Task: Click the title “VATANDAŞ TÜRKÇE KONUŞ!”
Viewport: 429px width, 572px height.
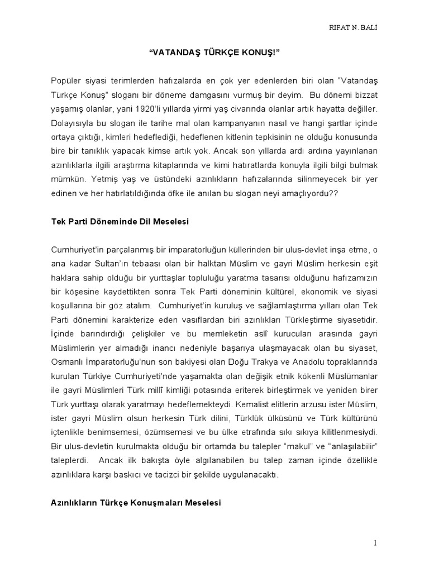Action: click(214, 56)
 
